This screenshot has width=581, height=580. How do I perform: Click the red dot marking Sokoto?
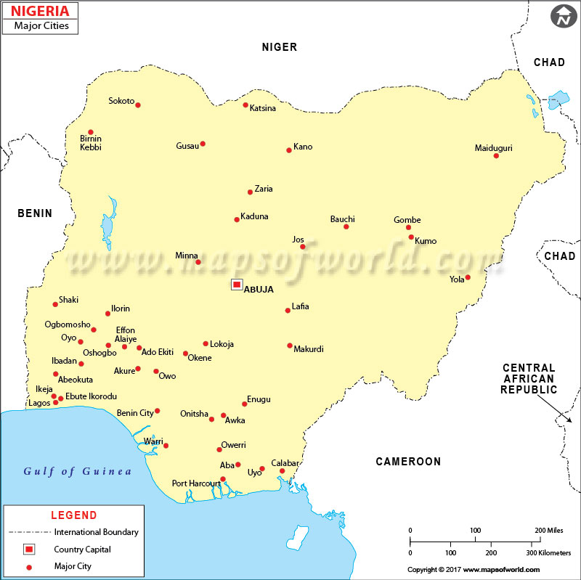(x=138, y=105)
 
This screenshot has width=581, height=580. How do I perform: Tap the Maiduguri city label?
(x=493, y=148)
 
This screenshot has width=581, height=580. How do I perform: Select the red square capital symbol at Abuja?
(x=237, y=285)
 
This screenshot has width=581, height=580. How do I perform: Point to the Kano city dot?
(x=288, y=150)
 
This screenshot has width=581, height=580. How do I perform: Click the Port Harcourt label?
(x=195, y=483)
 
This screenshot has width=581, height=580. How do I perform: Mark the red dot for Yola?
(x=468, y=277)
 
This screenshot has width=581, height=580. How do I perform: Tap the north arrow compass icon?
(x=562, y=16)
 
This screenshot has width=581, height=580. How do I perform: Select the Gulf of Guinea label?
(x=78, y=471)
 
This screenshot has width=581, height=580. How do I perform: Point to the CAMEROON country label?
(x=408, y=462)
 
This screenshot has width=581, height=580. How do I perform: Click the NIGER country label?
(x=280, y=47)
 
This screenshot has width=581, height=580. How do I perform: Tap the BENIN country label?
(x=35, y=213)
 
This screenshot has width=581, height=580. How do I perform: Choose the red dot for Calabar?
(x=282, y=471)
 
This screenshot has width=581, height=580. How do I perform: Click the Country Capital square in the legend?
(x=31, y=549)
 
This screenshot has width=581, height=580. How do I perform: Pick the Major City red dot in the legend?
(x=31, y=566)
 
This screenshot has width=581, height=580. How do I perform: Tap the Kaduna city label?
(x=254, y=216)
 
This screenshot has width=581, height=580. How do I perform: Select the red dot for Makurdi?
(x=290, y=346)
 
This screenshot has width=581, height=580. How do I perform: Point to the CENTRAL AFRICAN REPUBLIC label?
(x=529, y=379)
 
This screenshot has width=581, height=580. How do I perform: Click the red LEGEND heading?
(x=73, y=515)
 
